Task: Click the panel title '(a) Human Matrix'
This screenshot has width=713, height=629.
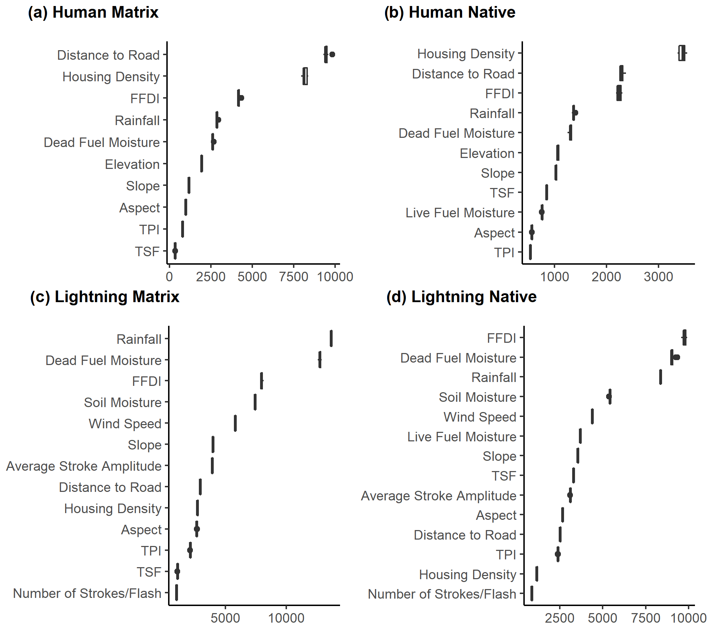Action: click(x=93, y=12)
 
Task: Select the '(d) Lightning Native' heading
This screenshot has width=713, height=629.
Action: click(x=461, y=297)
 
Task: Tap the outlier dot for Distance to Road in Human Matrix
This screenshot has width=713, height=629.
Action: click(x=332, y=54)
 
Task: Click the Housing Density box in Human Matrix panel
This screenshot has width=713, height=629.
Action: click(x=305, y=76)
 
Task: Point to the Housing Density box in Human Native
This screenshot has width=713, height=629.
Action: click(x=682, y=53)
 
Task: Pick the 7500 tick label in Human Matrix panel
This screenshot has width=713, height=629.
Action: click(x=293, y=277)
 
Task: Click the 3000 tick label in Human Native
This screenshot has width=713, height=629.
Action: click(x=658, y=277)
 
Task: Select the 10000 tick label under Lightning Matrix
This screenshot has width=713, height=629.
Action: click(x=286, y=618)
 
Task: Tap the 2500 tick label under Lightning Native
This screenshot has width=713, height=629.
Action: click(x=559, y=618)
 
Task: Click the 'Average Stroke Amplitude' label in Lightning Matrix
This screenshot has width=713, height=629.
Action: click(x=84, y=466)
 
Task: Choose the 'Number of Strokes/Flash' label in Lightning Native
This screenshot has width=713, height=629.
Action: click(x=442, y=594)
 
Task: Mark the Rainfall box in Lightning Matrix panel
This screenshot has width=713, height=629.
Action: click(x=331, y=339)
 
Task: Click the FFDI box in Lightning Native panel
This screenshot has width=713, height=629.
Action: click(x=684, y=337)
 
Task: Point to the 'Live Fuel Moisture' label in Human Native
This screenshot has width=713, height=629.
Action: click(x=460, y=213)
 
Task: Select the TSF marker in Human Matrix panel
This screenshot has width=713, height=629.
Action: click(x=175, y=251)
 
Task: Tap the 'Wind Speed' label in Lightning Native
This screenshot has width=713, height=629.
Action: click(x=480, y=417)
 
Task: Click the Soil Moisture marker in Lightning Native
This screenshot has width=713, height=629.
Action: click(x=609, y=396)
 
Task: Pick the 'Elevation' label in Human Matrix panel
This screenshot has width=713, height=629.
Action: click(x=132, y=164)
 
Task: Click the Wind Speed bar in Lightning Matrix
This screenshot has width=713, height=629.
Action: click(x=235, y=423)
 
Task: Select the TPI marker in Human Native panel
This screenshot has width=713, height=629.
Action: click(x=530, y=252)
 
